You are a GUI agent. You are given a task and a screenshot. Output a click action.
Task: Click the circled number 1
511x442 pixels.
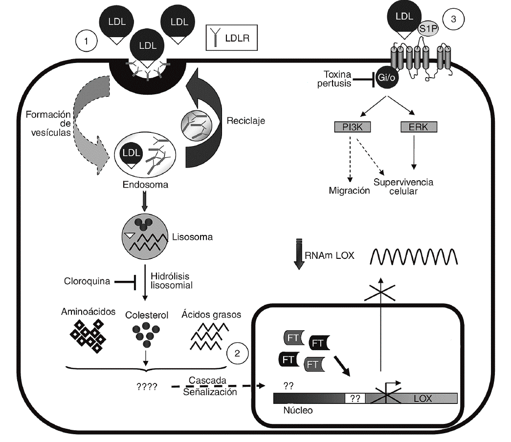[86, 42]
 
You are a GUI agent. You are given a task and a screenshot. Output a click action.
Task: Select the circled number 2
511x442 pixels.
[237, 354]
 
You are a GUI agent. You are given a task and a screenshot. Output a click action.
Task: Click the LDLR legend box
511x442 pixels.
[231, 37]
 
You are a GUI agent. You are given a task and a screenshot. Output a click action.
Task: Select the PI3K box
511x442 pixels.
[350, 128]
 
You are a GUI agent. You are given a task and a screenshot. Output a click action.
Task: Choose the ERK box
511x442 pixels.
[419, 128]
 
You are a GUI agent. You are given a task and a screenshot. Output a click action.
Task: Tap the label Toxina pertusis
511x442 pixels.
[344, 79]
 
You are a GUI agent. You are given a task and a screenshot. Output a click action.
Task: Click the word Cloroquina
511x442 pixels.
[86, 281]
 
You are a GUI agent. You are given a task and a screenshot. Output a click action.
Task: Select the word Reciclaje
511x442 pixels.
[246, 120]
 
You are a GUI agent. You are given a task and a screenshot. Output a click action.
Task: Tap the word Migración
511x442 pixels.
[349, 191]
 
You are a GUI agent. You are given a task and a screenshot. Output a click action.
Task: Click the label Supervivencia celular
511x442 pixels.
[404, 187]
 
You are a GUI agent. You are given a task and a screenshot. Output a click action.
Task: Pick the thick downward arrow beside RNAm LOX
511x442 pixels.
[299, 254]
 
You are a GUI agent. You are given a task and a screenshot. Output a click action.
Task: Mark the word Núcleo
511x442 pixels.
[298, 411]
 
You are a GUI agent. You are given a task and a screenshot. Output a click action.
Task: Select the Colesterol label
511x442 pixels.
[147, 315]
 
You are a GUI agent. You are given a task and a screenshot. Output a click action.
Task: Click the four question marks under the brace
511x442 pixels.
[147, 387]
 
